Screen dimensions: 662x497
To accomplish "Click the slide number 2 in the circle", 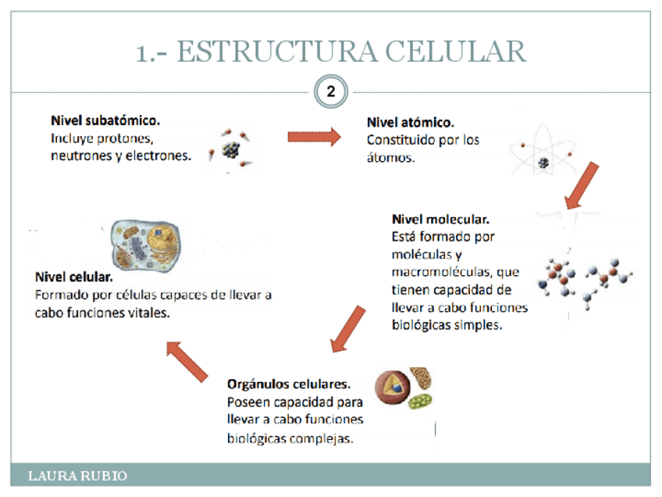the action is (x=330, y=92).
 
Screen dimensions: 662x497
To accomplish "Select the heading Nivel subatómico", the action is (x=105, y=121).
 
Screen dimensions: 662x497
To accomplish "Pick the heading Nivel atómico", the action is (x=411, y=123).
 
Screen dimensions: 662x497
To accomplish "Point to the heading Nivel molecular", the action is (x=440, y=220).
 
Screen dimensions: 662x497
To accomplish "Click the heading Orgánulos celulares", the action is (x=288, y=384).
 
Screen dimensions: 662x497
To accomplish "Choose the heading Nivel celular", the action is (x=73, y=277).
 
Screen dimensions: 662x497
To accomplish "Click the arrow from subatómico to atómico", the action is (x=314, y=137).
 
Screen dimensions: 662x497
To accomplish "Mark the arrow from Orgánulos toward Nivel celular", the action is (x=187, y=360).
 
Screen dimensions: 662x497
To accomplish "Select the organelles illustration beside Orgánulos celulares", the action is (x=403, y=388).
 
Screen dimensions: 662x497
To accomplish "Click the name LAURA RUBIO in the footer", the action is (x=77, y=475).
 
